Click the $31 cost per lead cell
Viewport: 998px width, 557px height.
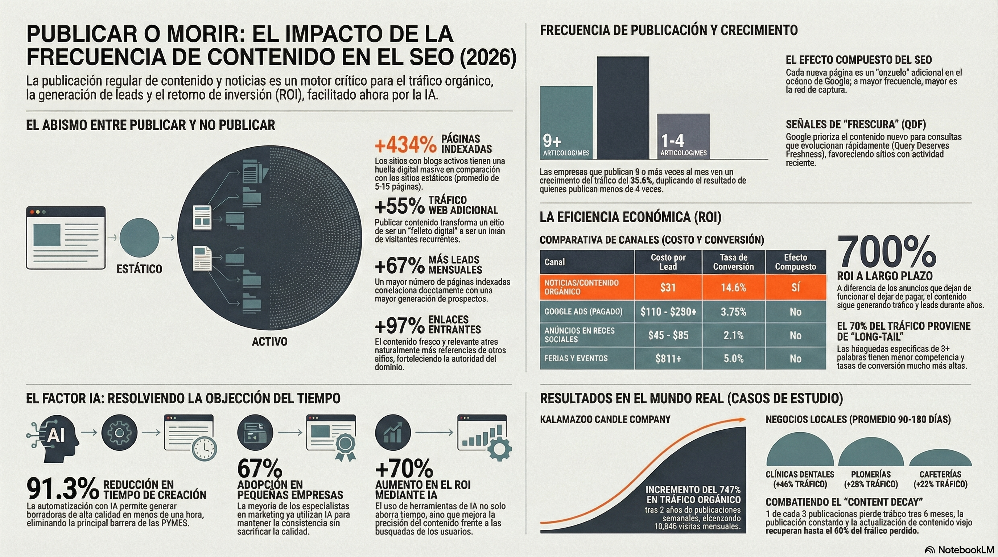pos(668,288)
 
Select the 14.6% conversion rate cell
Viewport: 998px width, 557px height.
pos(733,288)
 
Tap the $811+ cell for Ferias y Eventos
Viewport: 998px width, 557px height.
pos(668,359)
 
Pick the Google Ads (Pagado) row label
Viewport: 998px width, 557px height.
pos(583,312)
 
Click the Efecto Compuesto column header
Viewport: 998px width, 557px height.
pos(795,262)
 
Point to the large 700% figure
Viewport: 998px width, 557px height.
pos(886,252)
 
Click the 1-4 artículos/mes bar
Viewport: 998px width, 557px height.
pos(684,136)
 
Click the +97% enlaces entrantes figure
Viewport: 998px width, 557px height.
pos(399,325)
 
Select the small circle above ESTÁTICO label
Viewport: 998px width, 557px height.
pos(139,238)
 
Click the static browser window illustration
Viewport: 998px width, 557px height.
pos(66,238)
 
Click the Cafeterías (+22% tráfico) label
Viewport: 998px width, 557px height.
pos(940,479)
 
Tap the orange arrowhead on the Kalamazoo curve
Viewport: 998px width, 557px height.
pos(741,419)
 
